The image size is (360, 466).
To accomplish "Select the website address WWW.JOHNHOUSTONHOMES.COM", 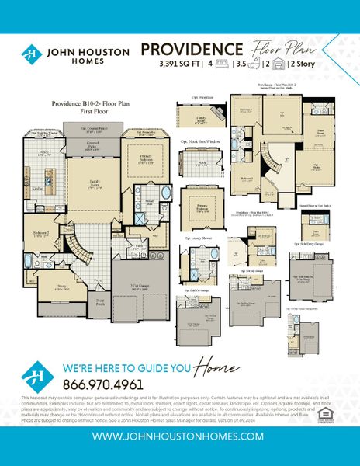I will click(x=180, y=436).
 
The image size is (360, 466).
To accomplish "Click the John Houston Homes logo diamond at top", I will click(x=31, y=54).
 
